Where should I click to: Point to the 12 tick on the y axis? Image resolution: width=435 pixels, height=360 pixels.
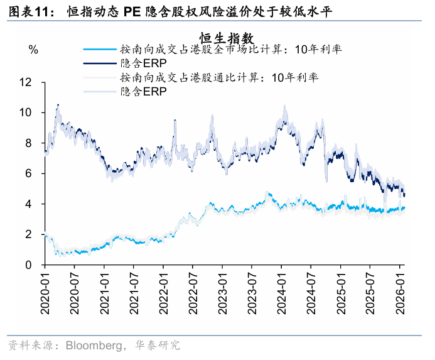(x=25, y=82)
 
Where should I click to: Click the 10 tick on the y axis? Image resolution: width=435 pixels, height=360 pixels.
(x=25, y=112)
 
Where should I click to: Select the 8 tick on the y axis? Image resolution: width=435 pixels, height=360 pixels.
(x=28, y=143)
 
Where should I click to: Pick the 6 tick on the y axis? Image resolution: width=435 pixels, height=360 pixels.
(x=28, y=173)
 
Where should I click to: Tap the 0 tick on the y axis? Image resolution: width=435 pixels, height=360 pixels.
(x=28, y=265)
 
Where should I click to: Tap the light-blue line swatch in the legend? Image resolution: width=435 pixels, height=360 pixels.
(x=100, y=49)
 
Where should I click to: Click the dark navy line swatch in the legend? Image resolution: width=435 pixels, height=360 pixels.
(x=100, y=63)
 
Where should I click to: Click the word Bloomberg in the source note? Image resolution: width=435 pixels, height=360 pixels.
(x=88, y=346)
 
